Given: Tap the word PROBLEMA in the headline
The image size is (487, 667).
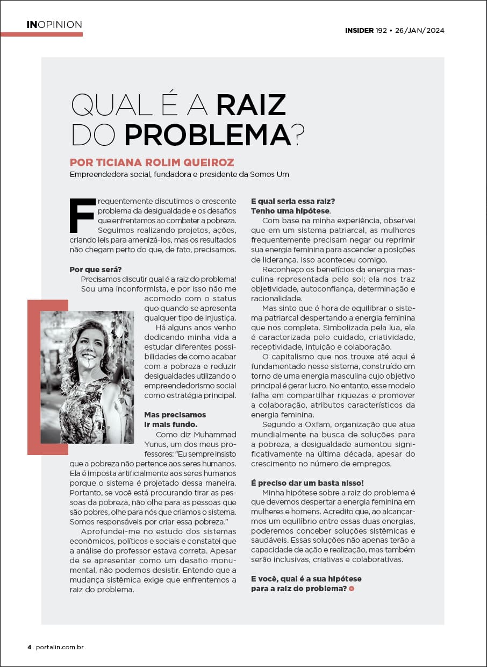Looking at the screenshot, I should pyautogui.click(x=208, y=135).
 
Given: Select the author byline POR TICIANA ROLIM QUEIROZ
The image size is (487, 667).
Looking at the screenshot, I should pyautogui.click(x=153, y=162).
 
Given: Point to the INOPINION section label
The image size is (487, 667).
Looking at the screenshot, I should pyautogui.click(x=54, y=25).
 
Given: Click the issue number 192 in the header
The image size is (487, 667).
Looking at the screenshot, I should pyautogui.click(x=381, y=31).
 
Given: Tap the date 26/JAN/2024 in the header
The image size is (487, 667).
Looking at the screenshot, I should pyautogui.click(x=419, y=31).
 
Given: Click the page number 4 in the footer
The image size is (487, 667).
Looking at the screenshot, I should pyautogui.click(x=30, y=647).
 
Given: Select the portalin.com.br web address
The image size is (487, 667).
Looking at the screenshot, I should pyautogui.click(x=60, y=647).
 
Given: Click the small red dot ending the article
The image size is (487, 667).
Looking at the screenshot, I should pyautogui.click(x=352, y=588).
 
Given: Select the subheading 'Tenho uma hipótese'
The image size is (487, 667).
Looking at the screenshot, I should pyautogui.click(x=290, y=211).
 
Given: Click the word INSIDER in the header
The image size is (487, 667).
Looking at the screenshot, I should pyautogui.click(x=359, y=31).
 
